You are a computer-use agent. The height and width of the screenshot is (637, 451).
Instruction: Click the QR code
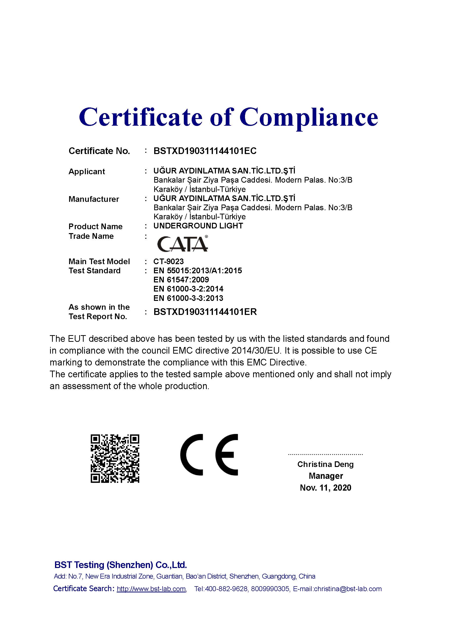[x=115, y=459]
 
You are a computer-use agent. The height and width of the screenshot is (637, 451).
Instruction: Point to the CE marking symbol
[x=209, y=455]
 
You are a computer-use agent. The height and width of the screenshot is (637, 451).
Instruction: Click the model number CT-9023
[x=168, y=261]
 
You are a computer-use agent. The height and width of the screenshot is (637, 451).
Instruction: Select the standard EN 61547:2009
[x=181, y=280]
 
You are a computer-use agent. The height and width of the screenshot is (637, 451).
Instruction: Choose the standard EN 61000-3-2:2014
[x=188, y=289]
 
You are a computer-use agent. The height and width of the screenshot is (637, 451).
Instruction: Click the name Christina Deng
[x=325, y=465]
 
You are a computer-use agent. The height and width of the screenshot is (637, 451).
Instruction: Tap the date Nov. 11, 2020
[x=325, y=488]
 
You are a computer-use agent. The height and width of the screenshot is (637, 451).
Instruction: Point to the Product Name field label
[x=95, y=226]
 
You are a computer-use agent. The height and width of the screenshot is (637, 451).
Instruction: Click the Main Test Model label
[x=99, y=261]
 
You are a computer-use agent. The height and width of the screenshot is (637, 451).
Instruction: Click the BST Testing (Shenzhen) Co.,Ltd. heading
[x=121, y=565]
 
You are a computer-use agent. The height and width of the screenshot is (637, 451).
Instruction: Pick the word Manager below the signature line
[x=326, y=476]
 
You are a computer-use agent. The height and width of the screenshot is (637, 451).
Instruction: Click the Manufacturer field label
[x=94, y=199]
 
